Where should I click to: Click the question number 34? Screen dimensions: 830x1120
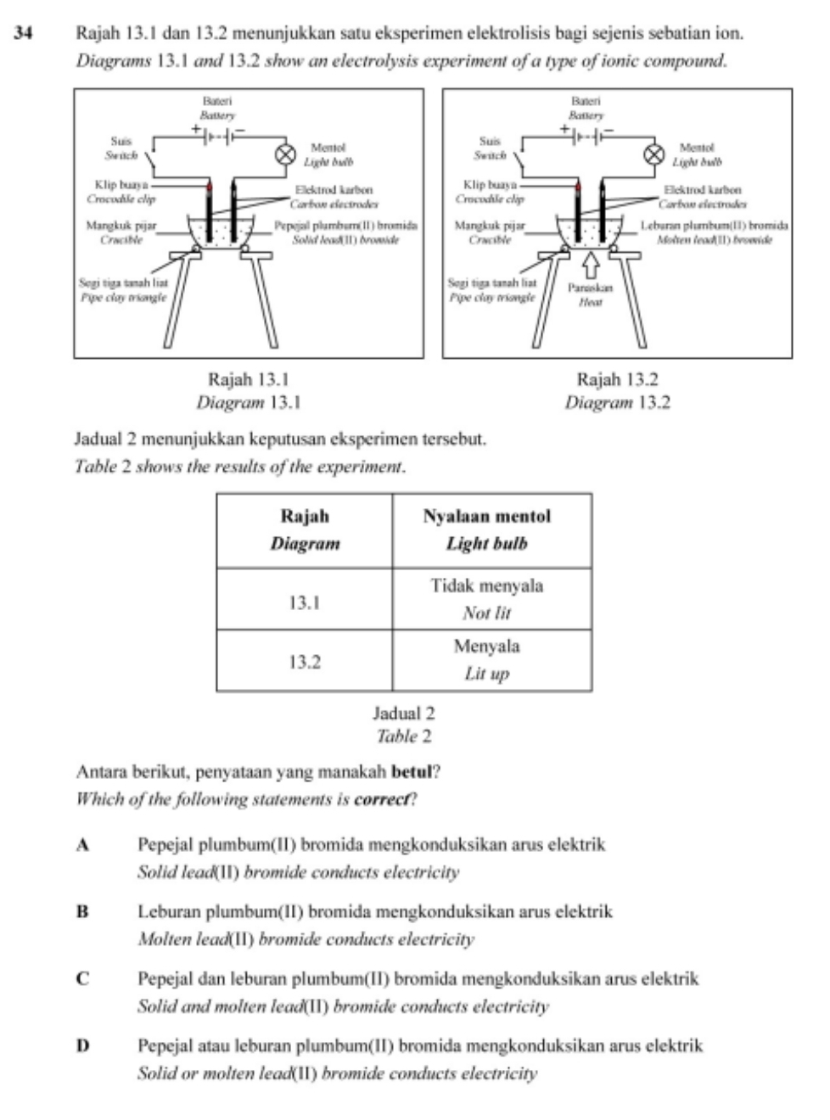click(23, 33)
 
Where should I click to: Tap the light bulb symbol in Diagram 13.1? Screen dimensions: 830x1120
click(285, 154)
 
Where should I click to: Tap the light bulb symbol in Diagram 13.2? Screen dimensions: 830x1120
click(654, 154)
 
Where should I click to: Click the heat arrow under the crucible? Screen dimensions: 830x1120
click(592, 266)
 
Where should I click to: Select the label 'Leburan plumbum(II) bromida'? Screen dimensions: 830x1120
click(714, 226)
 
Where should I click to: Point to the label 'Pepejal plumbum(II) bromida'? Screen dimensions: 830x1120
click(345, 226)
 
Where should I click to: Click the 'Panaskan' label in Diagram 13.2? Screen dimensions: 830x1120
click(590, 288)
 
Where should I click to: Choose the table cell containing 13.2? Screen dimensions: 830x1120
click(304, 661)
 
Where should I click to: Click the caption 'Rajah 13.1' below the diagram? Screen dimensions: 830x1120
click(249, 379)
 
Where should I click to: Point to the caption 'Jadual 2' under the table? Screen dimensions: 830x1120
click(404, 713)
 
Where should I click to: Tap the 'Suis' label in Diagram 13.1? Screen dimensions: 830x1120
click(121, 141)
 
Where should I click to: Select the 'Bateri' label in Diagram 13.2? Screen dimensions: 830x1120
click(586, 102)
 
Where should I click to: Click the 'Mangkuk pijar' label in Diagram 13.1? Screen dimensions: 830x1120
click(121, 226)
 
